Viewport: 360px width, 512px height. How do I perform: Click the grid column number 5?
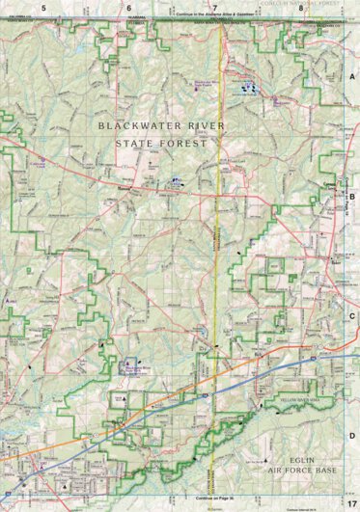click(44, 7)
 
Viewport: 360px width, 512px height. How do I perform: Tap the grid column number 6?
click(128, 7)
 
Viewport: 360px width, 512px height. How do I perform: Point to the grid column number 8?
click(301, 7)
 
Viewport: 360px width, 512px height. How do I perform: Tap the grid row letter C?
click(352, 314)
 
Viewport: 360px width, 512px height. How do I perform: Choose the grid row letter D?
click(352, 435)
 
